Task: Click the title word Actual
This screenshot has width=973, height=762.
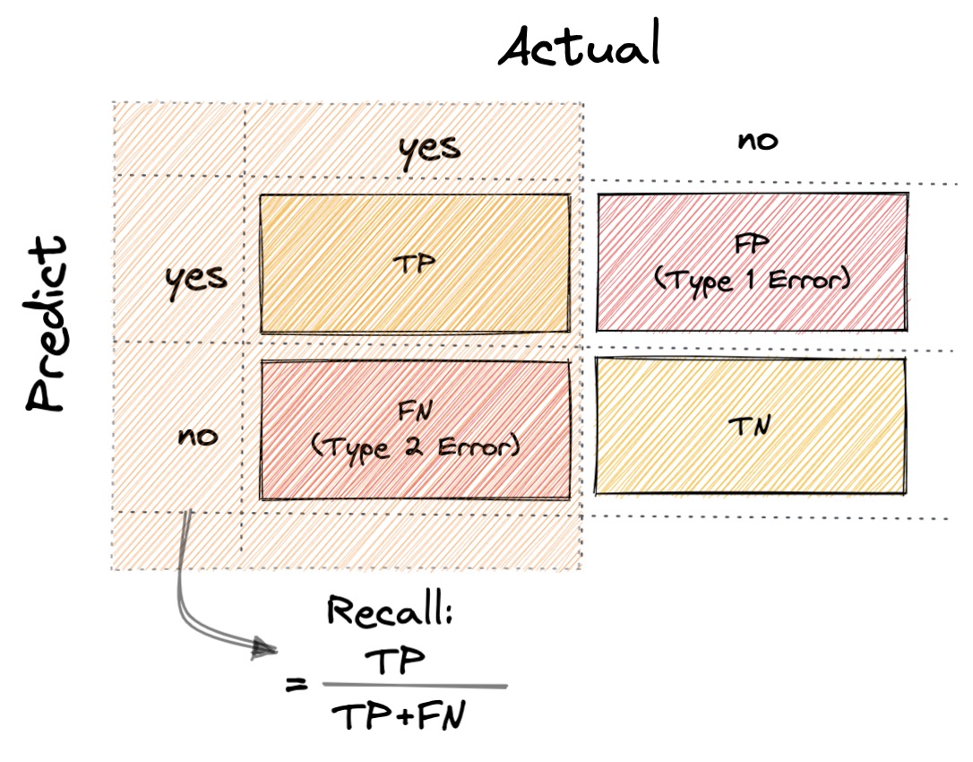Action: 580,46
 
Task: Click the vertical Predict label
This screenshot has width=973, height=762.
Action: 47,325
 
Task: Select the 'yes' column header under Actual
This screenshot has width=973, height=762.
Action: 430,147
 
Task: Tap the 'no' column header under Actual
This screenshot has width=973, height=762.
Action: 757,141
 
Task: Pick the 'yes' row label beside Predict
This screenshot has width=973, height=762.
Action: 196,277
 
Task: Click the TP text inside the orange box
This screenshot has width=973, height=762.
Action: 415,266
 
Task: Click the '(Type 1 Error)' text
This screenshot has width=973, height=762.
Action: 751,280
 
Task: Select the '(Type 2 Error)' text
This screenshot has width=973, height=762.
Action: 415,446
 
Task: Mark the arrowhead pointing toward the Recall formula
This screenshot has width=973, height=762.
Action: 265,647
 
